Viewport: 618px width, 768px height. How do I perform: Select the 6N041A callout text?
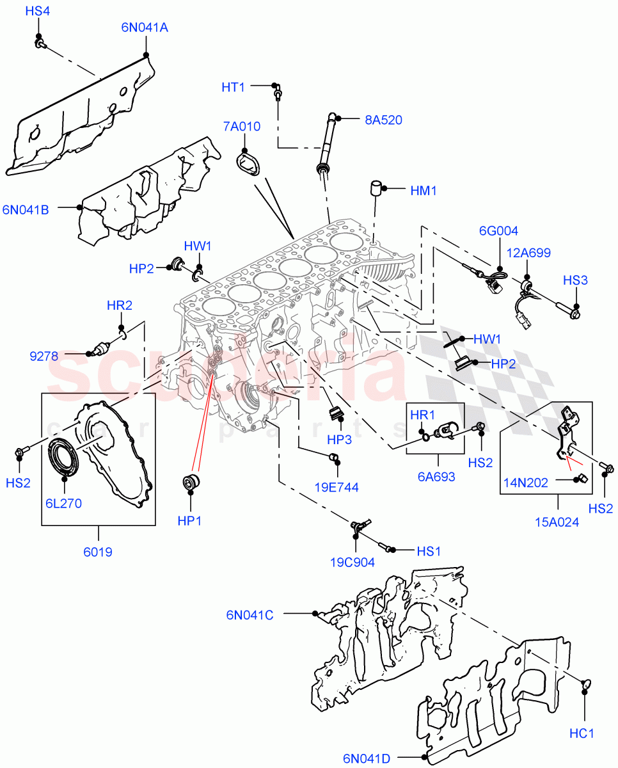tap(145, 28)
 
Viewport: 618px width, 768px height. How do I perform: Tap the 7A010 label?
tap(241, 127)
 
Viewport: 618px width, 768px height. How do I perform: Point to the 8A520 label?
tap(383, 120)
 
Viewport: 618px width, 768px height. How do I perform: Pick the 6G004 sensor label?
tap(499, 231)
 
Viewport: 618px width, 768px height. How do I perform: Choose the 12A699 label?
tap(529, 253)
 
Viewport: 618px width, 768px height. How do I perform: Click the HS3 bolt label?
tap(576, 280)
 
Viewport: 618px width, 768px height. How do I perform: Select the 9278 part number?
tap(45, 353)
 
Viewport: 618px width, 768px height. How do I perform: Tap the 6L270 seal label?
tap(63, 503)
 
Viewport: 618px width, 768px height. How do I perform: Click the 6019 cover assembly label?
tap(98, 552)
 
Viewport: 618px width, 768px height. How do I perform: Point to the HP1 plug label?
tap(189, 521)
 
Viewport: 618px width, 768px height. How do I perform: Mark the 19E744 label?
tap(337, 487)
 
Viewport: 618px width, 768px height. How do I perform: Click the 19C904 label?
tap(353, 563)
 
